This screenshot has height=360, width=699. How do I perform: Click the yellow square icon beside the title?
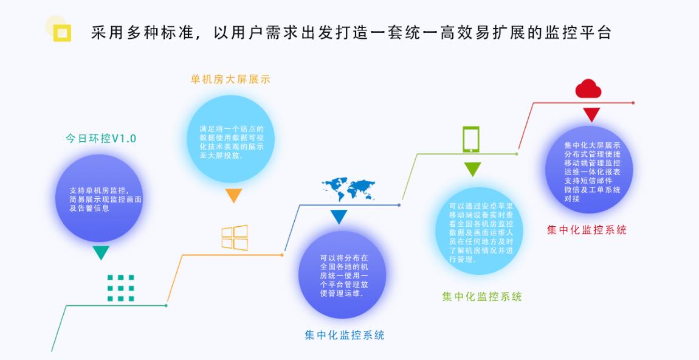tap(62, 33)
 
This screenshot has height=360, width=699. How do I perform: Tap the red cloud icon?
tap(588, 89)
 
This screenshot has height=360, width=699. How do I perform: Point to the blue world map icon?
tap(349, 189)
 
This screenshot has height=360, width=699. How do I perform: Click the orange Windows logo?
tap(235, 237)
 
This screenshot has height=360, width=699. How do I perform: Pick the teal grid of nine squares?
tap(121, 288)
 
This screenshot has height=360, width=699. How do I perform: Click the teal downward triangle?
tap(101, 252)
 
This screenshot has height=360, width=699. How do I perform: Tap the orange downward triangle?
tap(233, 195)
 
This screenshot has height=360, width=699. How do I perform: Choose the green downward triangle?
tap(472, 169)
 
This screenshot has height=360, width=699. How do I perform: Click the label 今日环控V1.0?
tap(101, 139)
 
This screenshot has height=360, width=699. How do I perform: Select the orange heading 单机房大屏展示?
tap(230, 80)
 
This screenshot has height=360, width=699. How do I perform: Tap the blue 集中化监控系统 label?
tap(344, 336)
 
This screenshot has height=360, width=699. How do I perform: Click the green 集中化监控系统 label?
tap(482, 297)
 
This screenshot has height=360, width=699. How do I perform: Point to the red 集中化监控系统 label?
tap(587, 230)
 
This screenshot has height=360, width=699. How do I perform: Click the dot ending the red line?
tap(633, 103)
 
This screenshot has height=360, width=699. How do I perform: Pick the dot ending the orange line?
tap(282, 255)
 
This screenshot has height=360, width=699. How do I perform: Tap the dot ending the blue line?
tap(399, 205)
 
